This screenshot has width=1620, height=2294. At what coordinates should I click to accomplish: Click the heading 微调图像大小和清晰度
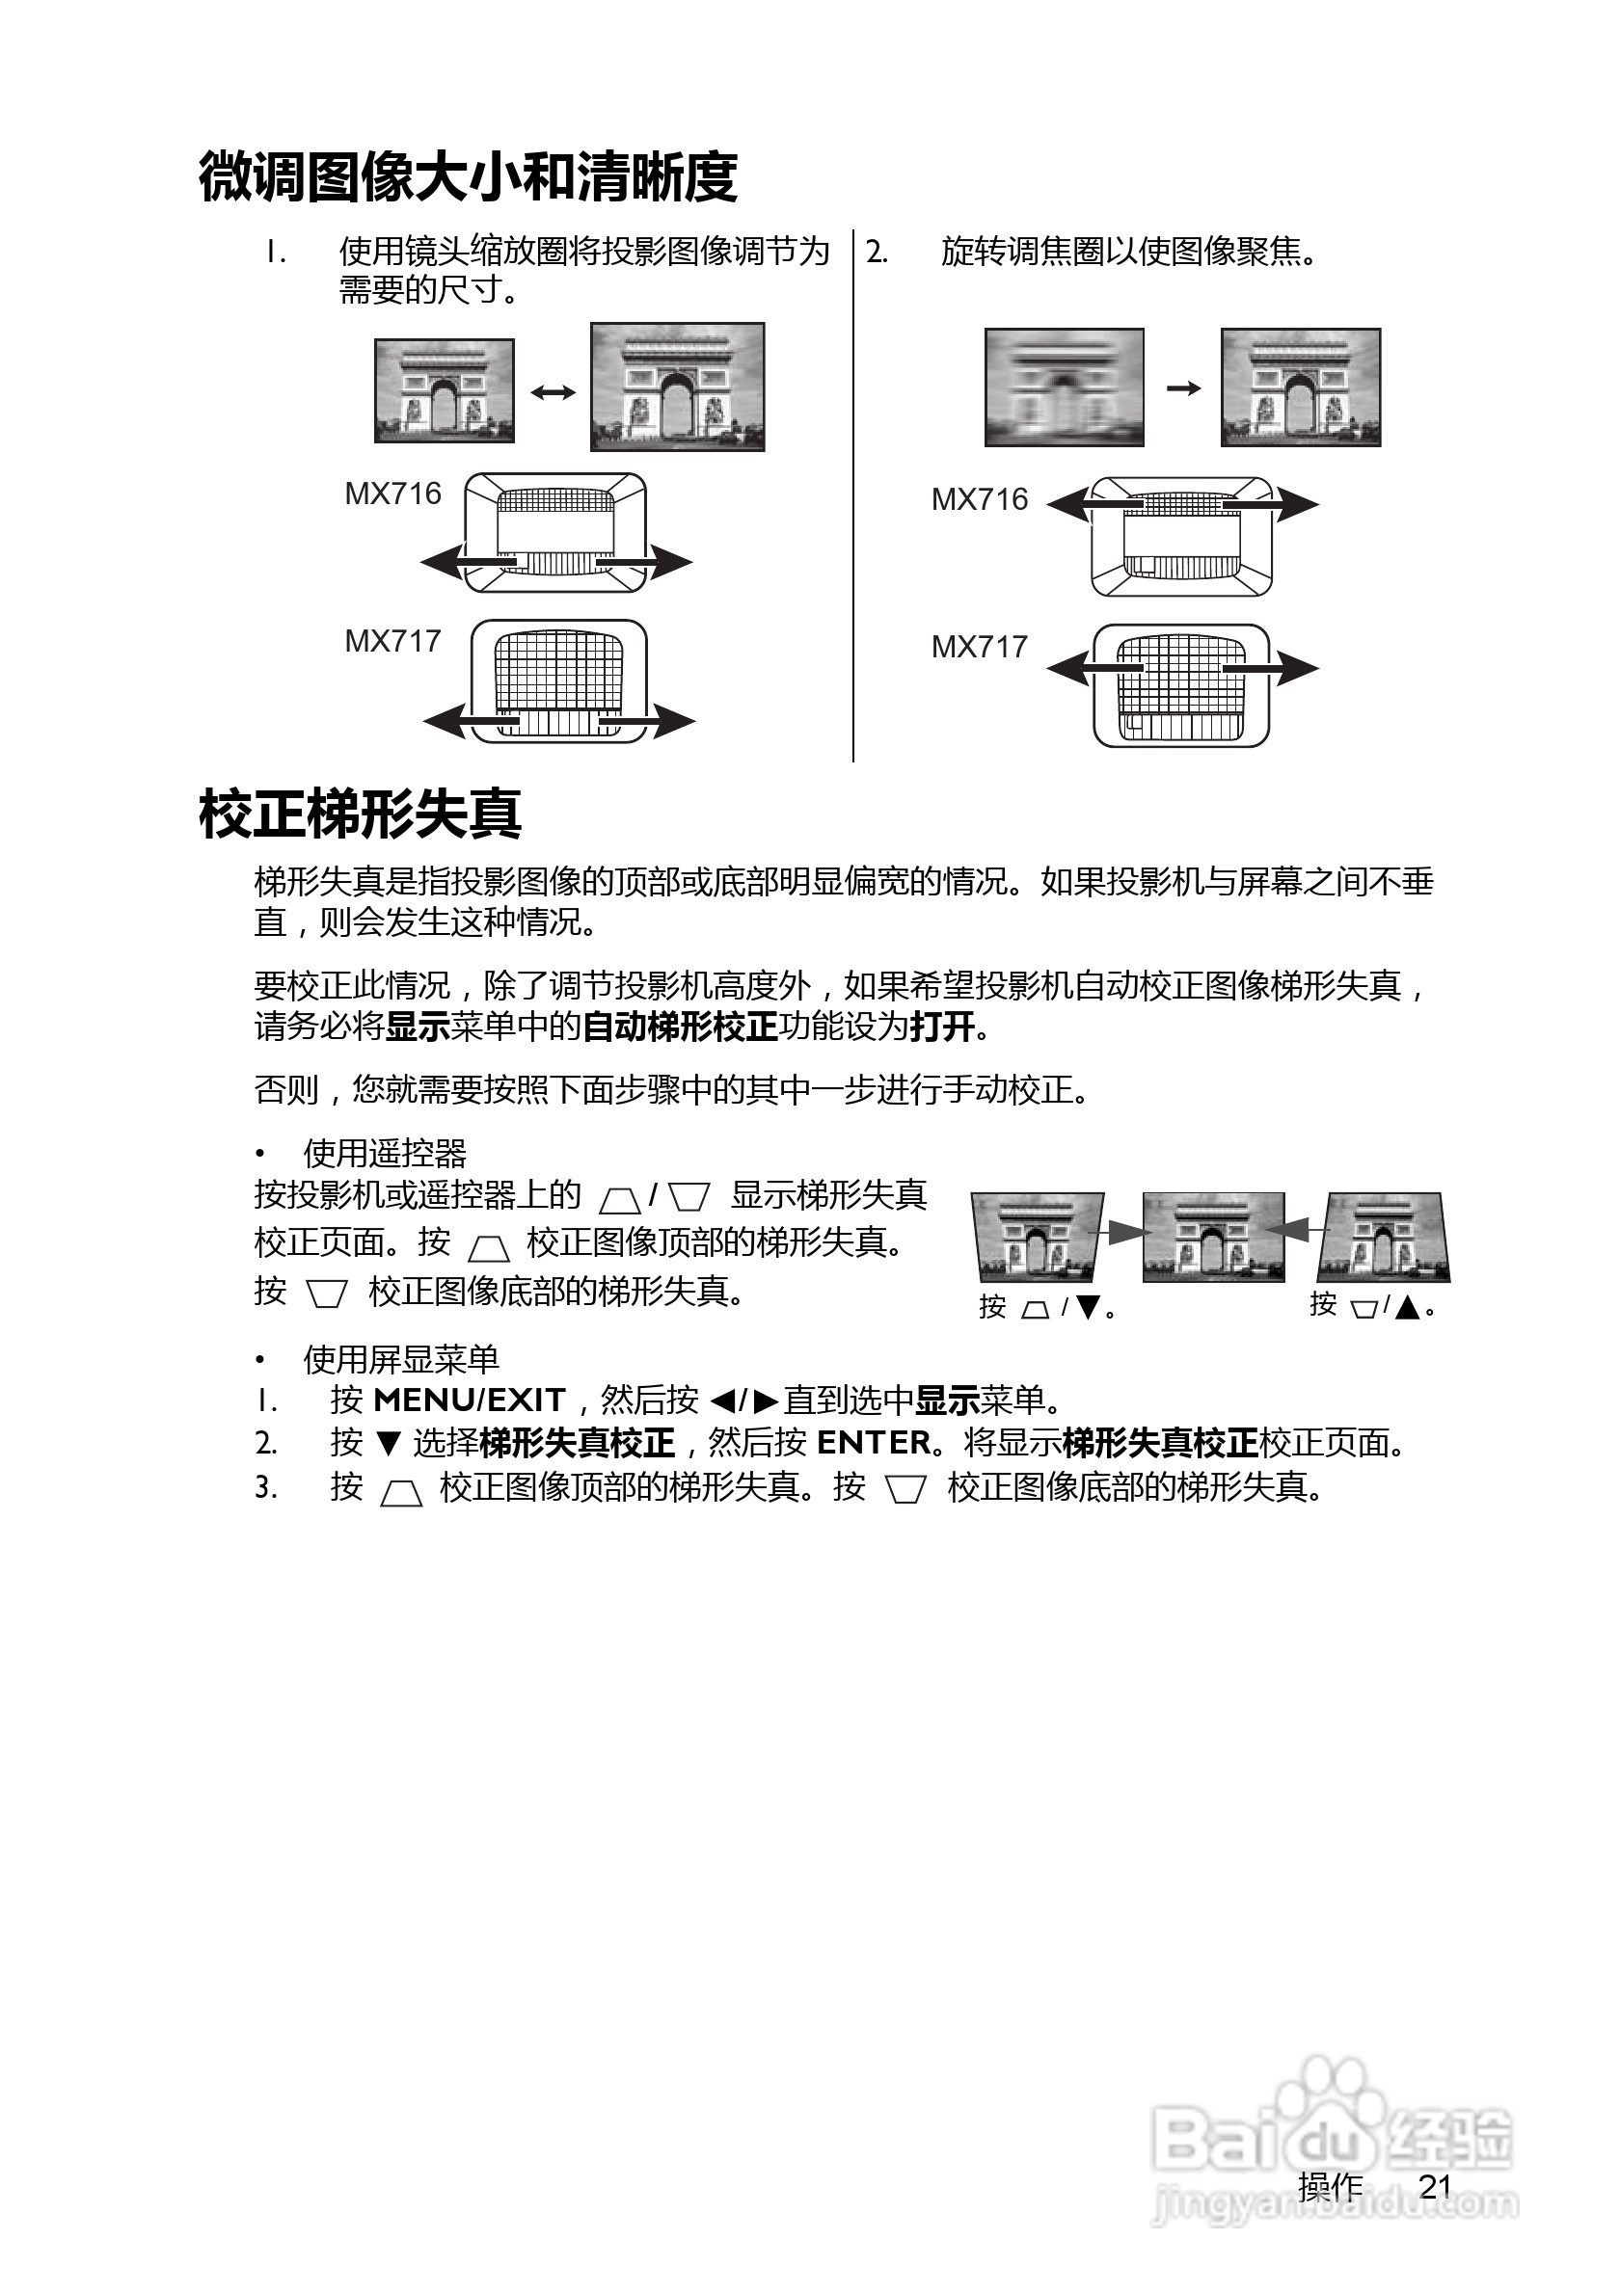tap(468, 178)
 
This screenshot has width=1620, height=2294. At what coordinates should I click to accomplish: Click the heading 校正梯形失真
tap(360, 814)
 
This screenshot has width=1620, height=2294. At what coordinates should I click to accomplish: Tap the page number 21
tap(1435, 2186)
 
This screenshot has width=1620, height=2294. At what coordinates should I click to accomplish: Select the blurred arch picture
tap(1064, 387)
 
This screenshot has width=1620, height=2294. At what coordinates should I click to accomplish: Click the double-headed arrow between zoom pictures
tap(553, 391)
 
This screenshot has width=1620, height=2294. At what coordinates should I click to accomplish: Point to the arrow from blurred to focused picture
tap(1183, 387)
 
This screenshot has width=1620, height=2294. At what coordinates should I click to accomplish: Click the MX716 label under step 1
tap(392, 493)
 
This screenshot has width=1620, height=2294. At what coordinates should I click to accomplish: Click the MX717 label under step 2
tap(980, 648)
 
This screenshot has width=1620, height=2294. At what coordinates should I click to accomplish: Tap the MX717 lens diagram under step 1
tap(558, 681)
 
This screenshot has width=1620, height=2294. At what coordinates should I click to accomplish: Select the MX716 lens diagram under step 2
tap(1182, 537)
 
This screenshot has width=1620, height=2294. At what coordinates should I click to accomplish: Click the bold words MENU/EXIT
tap(469, 1400)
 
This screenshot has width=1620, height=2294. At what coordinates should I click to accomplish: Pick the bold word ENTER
tap(874, 1443)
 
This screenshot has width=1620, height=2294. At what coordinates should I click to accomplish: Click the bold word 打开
tap(941, 1027)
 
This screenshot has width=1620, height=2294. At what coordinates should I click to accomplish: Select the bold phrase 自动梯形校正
tap(680, 1027)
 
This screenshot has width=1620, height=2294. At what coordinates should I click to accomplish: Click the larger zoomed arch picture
tap(678, 387)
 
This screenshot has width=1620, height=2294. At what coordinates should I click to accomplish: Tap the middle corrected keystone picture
tap(1213, 1237)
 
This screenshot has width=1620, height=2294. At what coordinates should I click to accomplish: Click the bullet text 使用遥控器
tap(385, 1154)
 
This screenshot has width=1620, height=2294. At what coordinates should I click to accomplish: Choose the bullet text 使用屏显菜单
tap(401, 1359)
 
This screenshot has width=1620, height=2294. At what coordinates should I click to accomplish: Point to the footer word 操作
tap(1330, 2186)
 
